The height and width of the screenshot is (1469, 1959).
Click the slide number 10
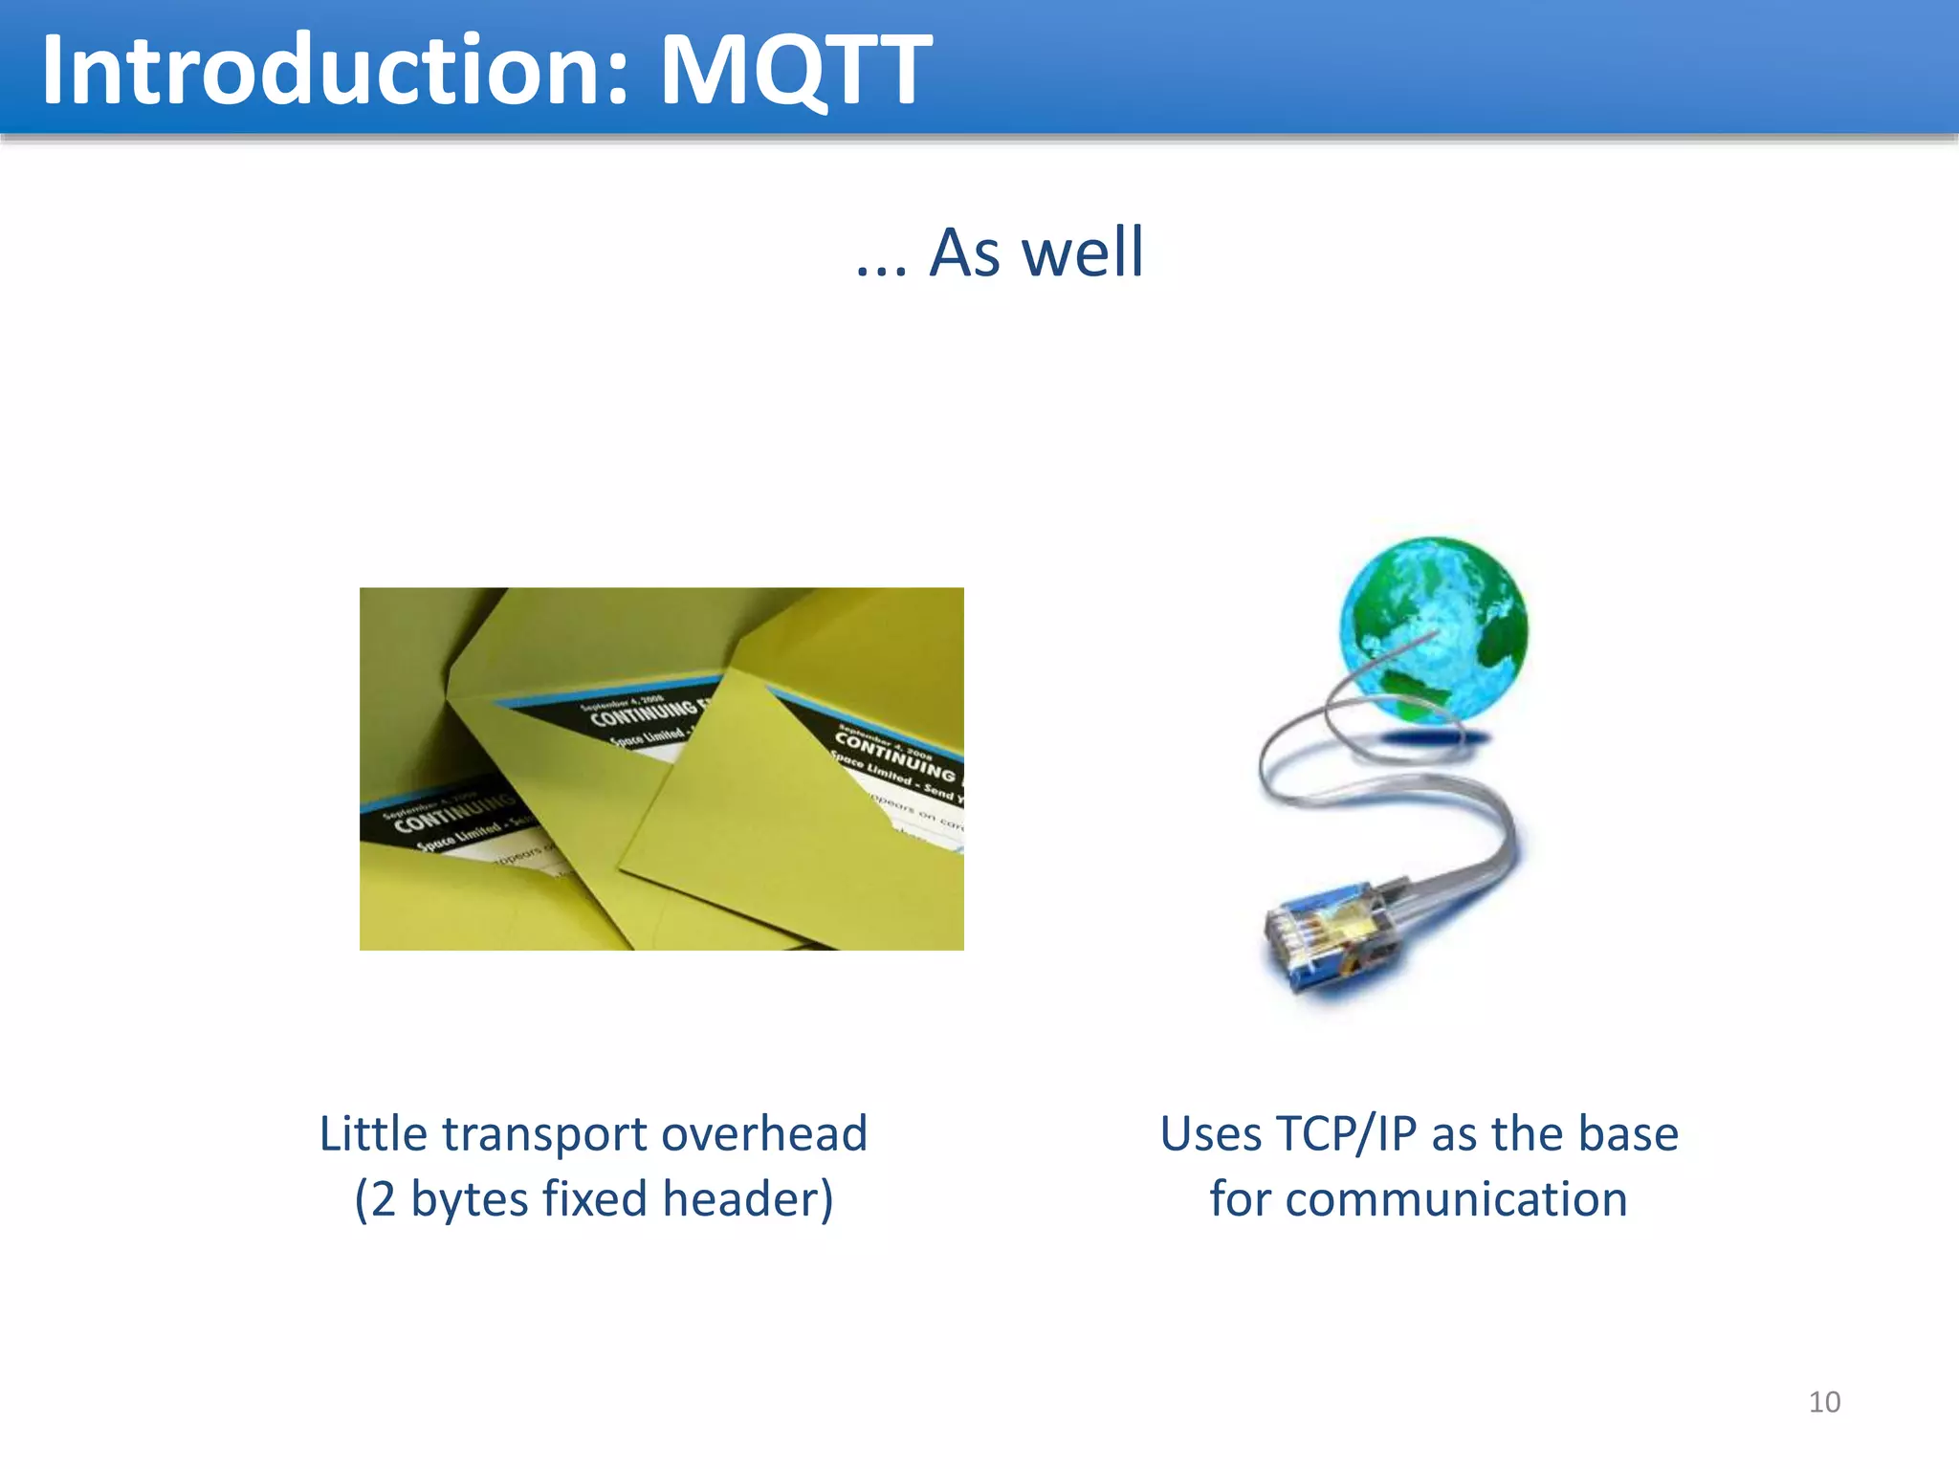pos(1824,1402)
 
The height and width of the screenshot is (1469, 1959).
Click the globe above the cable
pos(1432,628)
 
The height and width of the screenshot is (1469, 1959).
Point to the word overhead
pos(763,1134)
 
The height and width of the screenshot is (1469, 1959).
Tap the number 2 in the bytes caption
pos(383,1200)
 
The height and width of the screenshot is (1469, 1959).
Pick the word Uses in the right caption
pos(1210,1134)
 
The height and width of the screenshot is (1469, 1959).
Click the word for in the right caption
pos(1240,1200)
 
